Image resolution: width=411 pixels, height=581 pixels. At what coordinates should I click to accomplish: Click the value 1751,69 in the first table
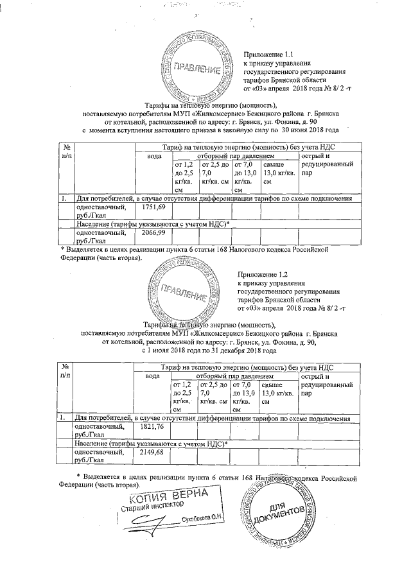(153, 208)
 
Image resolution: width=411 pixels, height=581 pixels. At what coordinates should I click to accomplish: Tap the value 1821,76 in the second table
(153, 426)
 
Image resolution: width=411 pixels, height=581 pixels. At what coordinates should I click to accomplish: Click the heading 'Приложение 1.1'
(268, 56)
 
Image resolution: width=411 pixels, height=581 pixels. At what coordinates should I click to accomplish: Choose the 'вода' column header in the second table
(153, 375)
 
